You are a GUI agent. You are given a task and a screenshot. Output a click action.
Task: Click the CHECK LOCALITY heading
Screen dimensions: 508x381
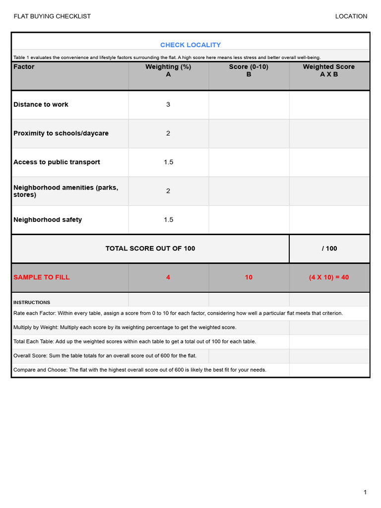click(x=190, y=45)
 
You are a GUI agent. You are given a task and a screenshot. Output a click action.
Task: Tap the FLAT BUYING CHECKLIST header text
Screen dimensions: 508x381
click(x=52, y=16)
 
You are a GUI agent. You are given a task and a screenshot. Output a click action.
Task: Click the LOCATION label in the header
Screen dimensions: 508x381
click(x=351, y=16)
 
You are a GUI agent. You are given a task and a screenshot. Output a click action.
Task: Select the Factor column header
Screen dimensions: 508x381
click(x=24, y=67)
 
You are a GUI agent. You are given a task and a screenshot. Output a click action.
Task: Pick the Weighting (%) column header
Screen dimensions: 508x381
click(x=168, y=70)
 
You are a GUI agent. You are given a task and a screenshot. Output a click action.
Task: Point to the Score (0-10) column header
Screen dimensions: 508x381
click(x=249, y=70)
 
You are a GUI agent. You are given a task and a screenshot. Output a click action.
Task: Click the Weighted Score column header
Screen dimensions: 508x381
click(x=329, y=70)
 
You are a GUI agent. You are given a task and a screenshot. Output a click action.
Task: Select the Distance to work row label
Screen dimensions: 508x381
click(x=41, y=105)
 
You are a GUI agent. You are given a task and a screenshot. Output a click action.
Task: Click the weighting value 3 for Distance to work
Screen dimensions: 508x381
click(x=168, y=105)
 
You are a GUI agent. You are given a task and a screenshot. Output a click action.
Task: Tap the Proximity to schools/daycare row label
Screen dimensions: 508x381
click(x=61, y=133)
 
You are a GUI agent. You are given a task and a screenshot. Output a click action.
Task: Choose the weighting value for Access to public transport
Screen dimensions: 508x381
click(x=168, y=162)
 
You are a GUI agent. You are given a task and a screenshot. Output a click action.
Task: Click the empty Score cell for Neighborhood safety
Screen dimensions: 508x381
click(x=249, y=220)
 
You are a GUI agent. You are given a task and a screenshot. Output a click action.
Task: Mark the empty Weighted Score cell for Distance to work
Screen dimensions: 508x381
click(x=329, y=105)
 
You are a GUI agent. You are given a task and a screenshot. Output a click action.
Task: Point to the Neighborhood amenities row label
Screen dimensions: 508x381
click(x=65, y=191)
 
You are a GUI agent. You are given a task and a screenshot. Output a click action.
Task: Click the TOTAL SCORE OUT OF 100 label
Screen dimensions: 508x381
click(x=150, y=249)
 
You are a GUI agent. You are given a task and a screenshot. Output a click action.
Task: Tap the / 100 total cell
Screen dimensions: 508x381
click(x=329, y=249)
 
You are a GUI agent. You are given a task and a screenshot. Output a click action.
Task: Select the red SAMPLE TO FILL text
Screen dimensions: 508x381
click(x=41, y=277)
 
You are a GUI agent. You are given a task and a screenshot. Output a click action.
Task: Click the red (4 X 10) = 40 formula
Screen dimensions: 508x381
click(x=329, y=277)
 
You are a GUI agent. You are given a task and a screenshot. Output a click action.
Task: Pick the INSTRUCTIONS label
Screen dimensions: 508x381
click(x=31, y=302)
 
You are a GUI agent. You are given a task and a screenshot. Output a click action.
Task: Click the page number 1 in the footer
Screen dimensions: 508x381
click(x=365, y=492)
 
